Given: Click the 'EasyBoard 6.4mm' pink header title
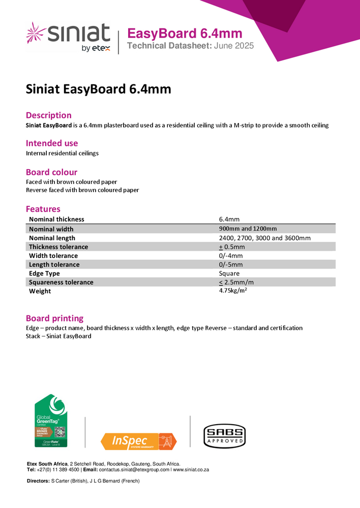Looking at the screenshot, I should [184, 34].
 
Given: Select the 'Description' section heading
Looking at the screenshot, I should [49, 115].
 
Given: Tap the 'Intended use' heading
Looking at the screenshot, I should [52, 143].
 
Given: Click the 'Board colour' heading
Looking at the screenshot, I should [51, 172].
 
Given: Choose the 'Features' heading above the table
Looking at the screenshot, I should [43, 209].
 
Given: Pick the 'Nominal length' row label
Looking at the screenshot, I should [52, 238].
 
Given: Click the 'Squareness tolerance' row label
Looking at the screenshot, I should [61, 282].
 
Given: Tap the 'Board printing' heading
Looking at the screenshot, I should [54, 319].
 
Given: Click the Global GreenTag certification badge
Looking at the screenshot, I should [51, 421].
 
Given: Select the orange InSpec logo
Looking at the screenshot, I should [138, 441].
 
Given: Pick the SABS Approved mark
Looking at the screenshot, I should [224, 436].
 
